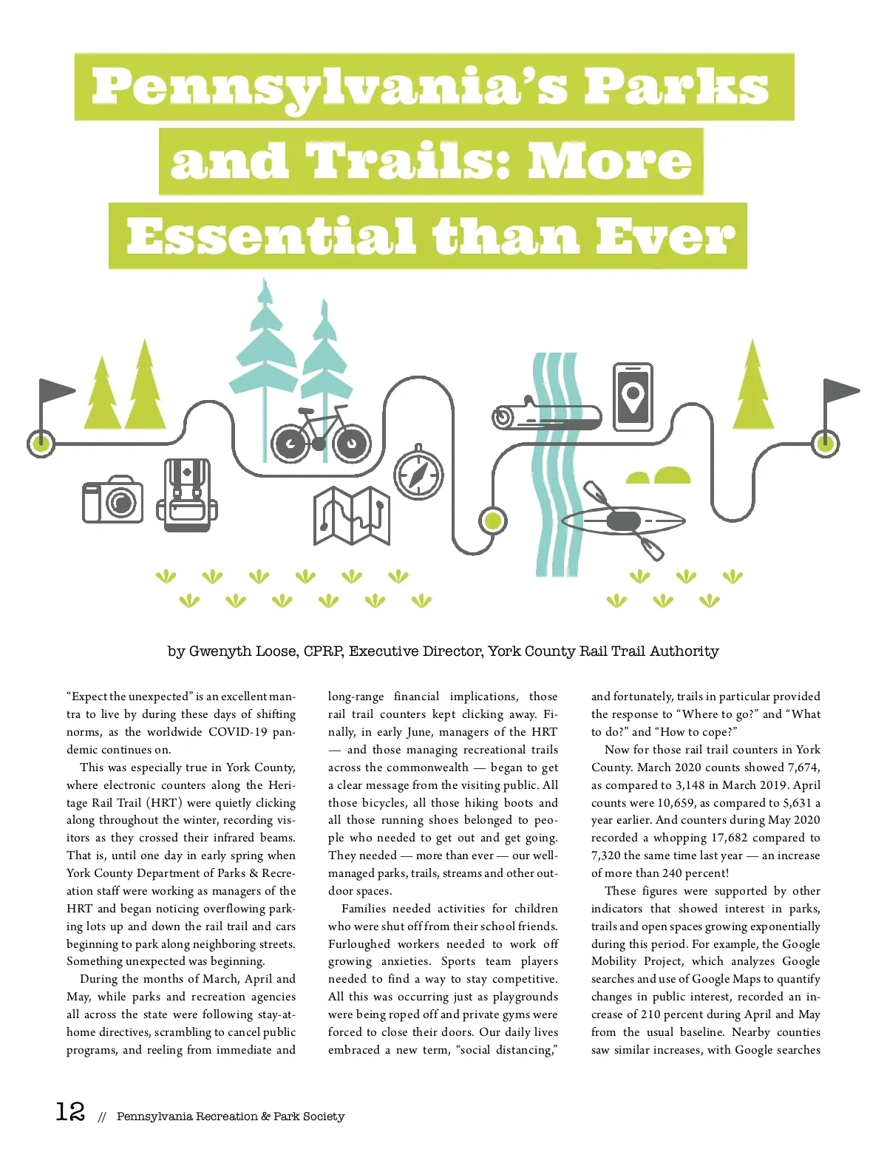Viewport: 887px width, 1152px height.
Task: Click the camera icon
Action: pos(112,500)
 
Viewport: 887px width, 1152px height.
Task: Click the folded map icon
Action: pos(352,515)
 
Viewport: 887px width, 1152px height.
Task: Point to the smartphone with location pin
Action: pos(633,396)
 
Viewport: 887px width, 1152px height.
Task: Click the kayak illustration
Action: pos(623,521)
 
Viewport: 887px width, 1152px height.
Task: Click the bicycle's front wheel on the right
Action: pos(351,444)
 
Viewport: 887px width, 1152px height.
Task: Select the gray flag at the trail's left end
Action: pos(55,391)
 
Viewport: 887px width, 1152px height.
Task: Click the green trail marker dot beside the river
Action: pos(492,521)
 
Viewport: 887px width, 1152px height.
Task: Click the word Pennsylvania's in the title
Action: pos(329,87)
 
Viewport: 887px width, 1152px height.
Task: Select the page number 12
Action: pos(70,1111)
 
